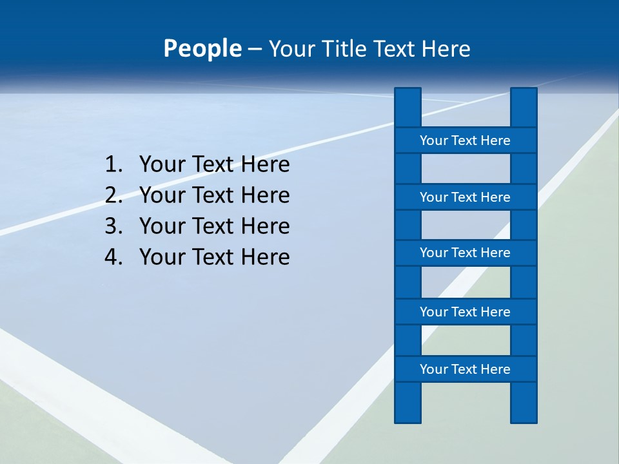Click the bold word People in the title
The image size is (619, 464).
(202, 48)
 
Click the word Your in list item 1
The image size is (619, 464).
(161, 165)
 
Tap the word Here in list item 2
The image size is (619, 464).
(265, 195)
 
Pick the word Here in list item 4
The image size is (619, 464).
(265, 257)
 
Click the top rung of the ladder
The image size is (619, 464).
(465, 140)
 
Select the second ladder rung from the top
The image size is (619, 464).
(465, 197)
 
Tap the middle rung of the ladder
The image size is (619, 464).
(465, 253)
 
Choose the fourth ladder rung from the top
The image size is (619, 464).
(465, 312)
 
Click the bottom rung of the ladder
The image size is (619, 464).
(465, 369)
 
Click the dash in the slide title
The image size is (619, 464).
(254, 49)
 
